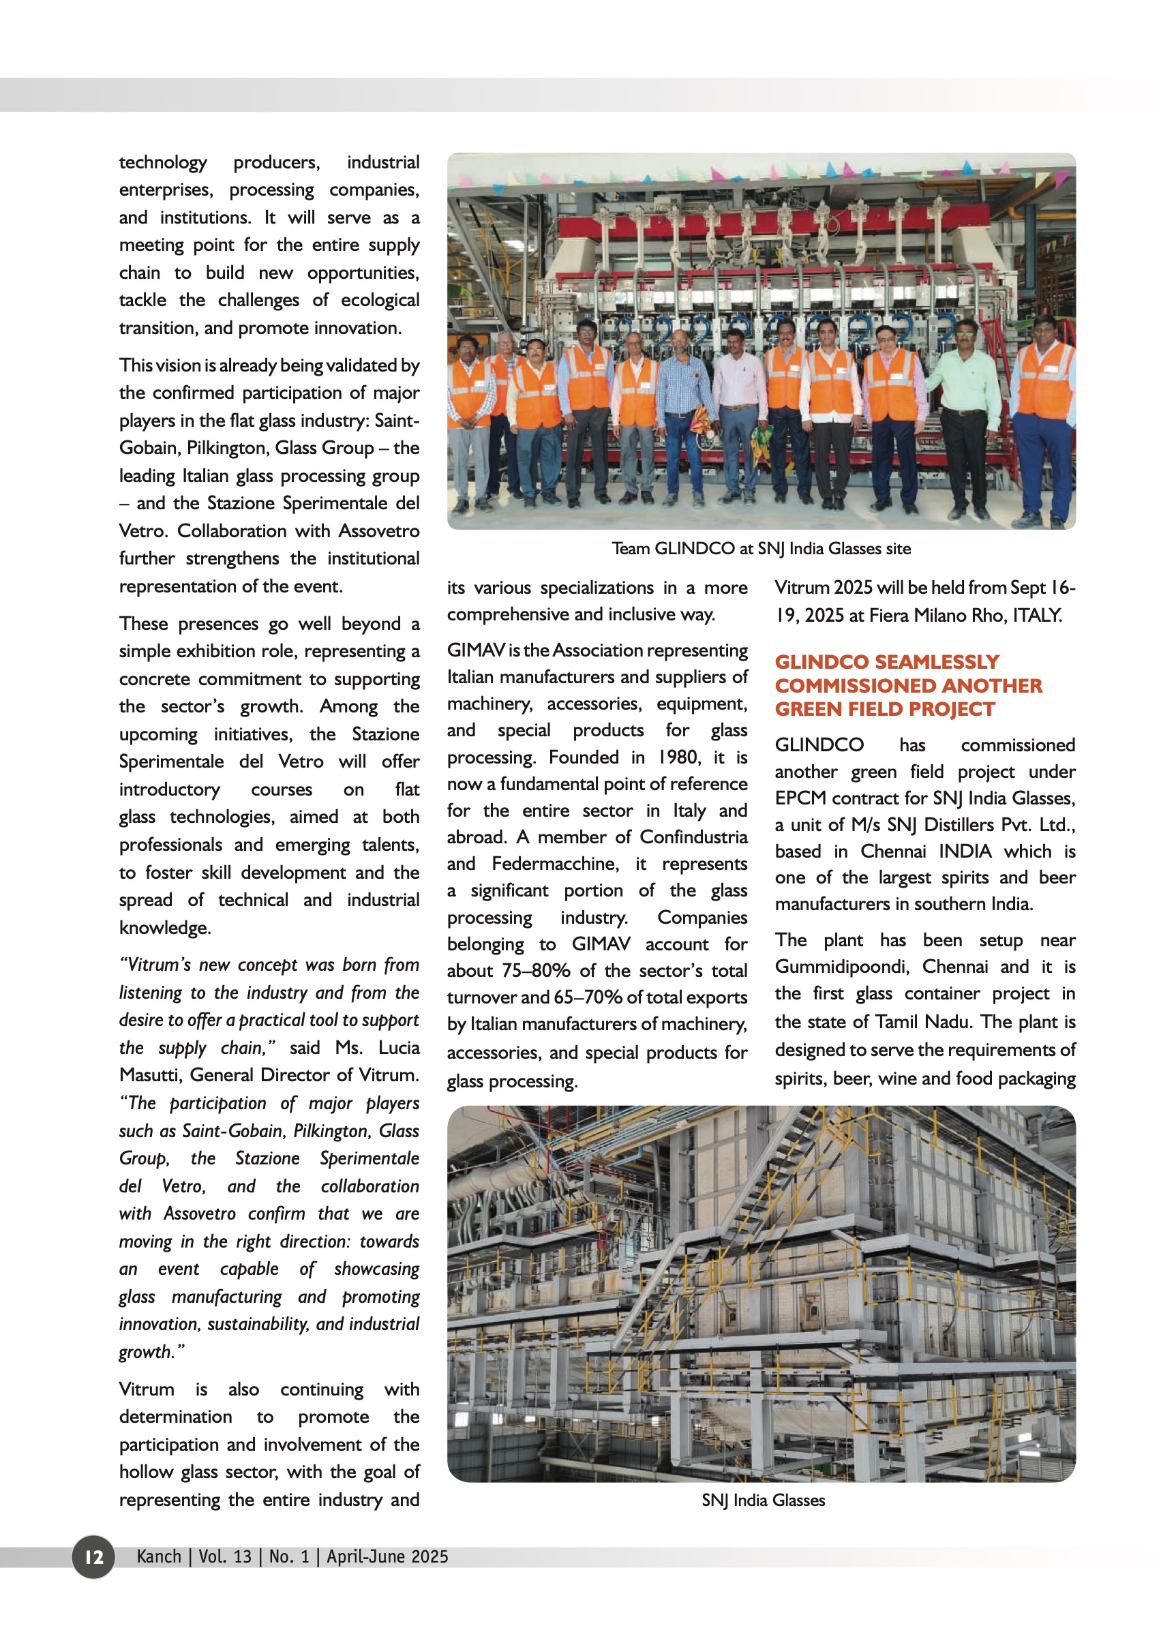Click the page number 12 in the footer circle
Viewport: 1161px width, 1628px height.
click(93, 1556)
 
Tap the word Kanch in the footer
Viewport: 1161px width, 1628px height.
click(159, 1556)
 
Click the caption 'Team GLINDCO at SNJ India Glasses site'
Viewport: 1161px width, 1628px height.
click(761, 548)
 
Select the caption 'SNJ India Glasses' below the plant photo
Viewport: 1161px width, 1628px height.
click(763, 1500)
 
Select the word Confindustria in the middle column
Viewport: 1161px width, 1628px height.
click(693, 837)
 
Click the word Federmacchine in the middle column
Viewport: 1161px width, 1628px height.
click(555, 864)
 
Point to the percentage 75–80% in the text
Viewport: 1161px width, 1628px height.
click(535, 971)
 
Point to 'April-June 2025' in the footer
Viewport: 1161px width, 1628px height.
click(387, 1556)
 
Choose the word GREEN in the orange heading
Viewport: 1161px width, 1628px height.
click(809, 709)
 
